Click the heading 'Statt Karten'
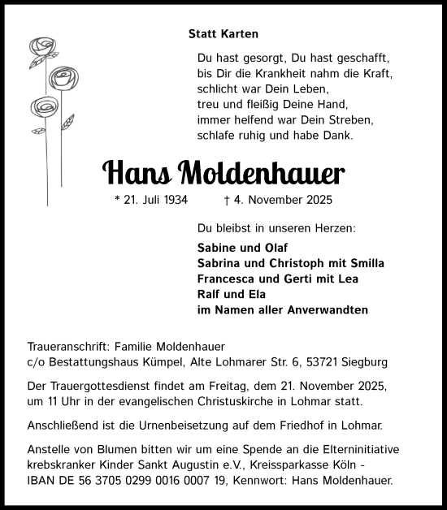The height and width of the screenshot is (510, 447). coord(223,34)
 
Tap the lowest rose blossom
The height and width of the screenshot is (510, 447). coord(41,107)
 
